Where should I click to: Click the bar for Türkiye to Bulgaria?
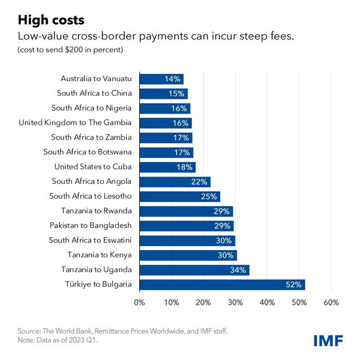point(222,285)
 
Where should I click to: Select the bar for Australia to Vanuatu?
point(161,79)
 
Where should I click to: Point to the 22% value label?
point(201,182)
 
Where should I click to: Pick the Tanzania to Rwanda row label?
point(96,211)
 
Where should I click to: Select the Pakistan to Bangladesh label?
point(91,226)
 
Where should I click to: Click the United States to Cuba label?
point(93,167)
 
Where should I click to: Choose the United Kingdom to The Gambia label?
point(75,123)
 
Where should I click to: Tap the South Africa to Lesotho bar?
point(180,196)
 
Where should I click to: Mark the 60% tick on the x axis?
point(331,303)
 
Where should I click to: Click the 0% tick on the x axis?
point(139,303)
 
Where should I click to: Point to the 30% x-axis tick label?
point(235,303)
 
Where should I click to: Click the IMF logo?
point(328,341)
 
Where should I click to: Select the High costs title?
point(50,20)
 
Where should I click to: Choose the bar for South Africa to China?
point(163,94)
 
